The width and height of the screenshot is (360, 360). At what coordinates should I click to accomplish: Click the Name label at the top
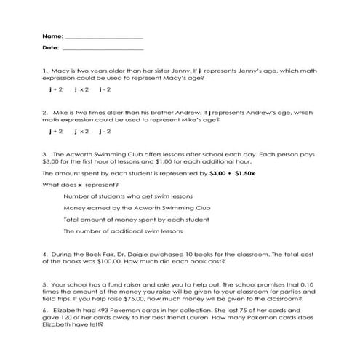tap(52, 35)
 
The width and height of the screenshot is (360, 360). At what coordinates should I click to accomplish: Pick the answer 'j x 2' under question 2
tap(81, 132)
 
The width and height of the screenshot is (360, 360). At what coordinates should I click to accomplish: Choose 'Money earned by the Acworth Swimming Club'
tap(127, 207)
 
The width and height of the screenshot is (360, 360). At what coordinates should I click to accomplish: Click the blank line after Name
tap(103, 36)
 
